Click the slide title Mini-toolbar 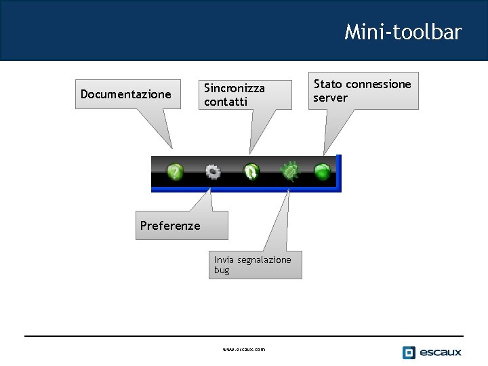click(403, 32)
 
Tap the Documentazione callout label click(125, 94)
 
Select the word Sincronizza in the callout click(235, 88)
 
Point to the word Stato click(327, 84)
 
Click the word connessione click(378, 84)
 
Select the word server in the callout click(330, 98)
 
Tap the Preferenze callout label click(170, 226)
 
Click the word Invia click(224, 260)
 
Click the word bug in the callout click(222, 270)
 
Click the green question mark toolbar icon click(176, 172)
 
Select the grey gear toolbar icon click(213, 172)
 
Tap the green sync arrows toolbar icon click(251, 172)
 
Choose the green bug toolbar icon click(290, 171)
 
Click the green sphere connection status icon click(323, 172)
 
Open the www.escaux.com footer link click(244, 350)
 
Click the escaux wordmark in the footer click(440, 352)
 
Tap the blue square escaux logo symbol click(409, 352)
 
